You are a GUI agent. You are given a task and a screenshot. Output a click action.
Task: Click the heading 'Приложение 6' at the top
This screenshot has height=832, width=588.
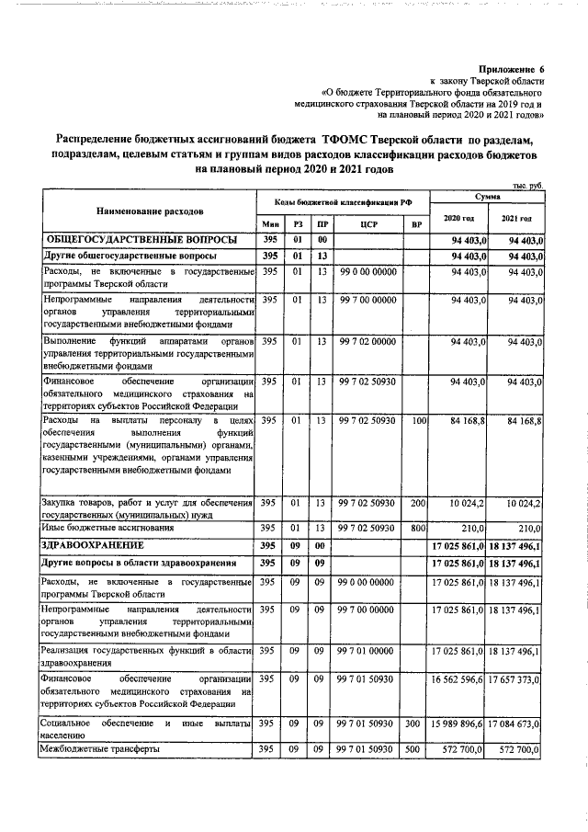coord(513,69)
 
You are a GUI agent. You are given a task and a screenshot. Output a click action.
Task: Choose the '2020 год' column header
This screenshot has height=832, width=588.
coord(458,217)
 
